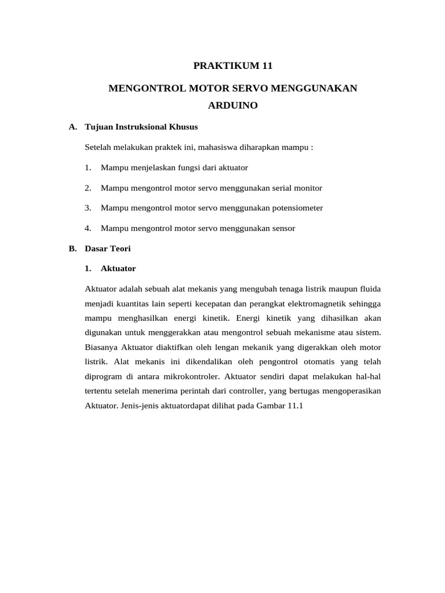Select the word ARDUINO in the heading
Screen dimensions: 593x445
tap(233, 106)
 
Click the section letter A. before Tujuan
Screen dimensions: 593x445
tap(72, 127)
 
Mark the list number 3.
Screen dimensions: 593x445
tap(87, 207)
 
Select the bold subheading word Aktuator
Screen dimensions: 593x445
tap(118, 269)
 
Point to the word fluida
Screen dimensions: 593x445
tap(369, 289)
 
